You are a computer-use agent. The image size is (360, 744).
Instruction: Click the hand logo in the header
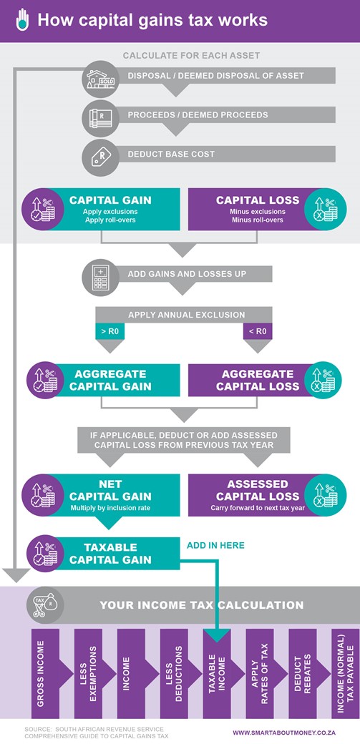(x=22, y=21)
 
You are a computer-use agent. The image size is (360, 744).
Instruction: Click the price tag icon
(x=99, y=155)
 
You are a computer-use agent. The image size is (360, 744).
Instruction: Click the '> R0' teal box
(x=110, y=331)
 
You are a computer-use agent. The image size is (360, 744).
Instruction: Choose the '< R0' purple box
(x=258, y=331)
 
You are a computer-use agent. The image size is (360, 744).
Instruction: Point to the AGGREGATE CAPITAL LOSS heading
(x=258, y=380)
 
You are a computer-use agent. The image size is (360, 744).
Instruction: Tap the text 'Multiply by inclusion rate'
(x=110, y=508)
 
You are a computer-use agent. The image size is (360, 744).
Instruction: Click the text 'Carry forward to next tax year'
(x=258, y=508)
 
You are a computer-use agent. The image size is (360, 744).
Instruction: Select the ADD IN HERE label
(x=215, y=545)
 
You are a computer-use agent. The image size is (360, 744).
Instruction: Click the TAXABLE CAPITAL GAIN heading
(x=110, y=553)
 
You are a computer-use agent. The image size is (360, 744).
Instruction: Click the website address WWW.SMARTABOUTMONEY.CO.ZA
(x=284, y=732)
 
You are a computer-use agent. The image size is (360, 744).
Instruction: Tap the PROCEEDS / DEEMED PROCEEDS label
(x=198, y=115)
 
